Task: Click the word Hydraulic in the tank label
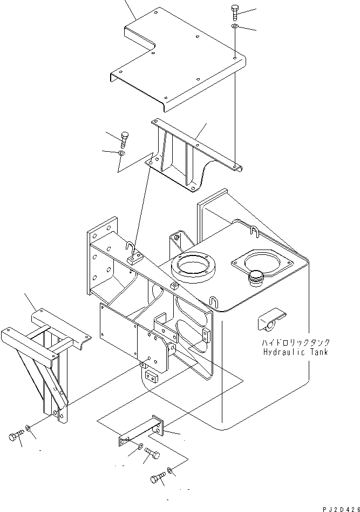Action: pos(284,352)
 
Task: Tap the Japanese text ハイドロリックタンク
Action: pos(296,342)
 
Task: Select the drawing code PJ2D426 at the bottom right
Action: pos(342,509)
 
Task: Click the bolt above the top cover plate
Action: pos(235,12)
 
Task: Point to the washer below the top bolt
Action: pos(235,26)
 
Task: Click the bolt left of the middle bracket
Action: pos(125,140)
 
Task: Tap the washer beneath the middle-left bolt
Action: pos(121,153)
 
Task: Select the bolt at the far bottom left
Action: pos(16,436)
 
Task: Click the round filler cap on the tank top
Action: pos(256,278)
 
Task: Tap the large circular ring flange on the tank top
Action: pos(193,265)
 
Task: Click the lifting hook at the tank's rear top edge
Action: pos(255,231)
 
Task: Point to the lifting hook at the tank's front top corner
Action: pos(213,302)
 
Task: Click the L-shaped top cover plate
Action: pos(178,59)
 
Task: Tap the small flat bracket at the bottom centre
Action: pos(141,432)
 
